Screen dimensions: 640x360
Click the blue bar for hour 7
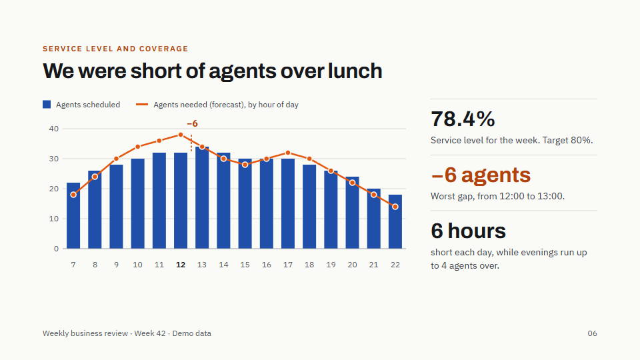(x=73, y=215)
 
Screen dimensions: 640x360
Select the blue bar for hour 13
(x=202, y=197)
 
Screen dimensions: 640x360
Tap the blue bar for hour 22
(x=395, y=221)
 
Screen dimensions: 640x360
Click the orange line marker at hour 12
(x=181, y=135)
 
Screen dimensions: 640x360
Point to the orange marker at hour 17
(x=288, y=153)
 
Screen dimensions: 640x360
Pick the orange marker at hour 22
(x=395, y=207)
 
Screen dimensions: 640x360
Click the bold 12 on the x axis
(x=181, y=265)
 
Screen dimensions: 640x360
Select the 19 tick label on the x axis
(x=331, y=265)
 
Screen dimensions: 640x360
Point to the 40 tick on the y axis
(x=54, y=129)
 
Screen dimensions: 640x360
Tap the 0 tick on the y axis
(x=56, y=249)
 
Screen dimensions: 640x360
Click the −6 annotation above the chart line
(x=192, y=123)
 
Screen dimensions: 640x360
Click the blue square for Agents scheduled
(x=47, y=105)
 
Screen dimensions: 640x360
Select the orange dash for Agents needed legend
(x=142, y=105)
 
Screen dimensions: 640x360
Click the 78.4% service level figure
(x=463, y=119)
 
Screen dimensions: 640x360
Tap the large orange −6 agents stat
(x=481, y=175)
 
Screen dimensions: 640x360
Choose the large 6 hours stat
(x=468, y=231)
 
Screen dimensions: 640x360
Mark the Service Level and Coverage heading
(x=115, y=49)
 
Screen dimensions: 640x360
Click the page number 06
(x=592, y=333)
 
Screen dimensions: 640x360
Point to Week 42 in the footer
(x=150, y=333)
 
